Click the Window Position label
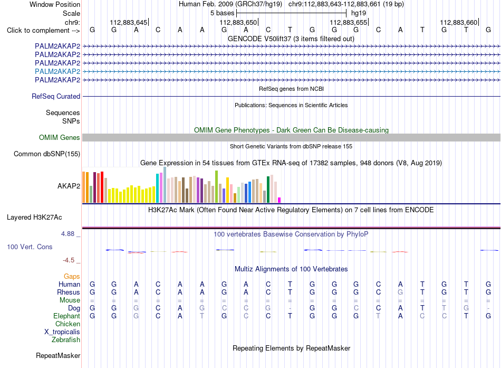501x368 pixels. tap(55, 4)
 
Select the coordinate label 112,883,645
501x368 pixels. tap(129, 22)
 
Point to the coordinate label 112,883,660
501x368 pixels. tap(458, 22)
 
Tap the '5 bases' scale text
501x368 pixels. tap(222, 13)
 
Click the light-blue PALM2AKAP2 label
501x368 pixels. tap(57, 71)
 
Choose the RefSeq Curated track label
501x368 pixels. tap(56, 96)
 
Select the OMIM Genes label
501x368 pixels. tap(60, 138)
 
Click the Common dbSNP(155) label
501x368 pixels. tap(47, 154)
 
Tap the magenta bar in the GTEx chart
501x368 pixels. tap(279, 200)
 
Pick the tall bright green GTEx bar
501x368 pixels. tap(216, 186)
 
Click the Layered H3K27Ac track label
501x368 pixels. tap(34, 218)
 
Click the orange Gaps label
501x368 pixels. tap(72, 276)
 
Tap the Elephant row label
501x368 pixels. tap(66, 316)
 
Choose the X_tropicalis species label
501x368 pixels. tap(62, 332)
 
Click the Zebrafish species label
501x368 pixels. tap(66, 339)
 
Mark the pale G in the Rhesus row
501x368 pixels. tap(400, 292)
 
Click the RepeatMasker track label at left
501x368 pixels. tap(58, 355)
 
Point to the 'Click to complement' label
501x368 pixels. tap(43, 31)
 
